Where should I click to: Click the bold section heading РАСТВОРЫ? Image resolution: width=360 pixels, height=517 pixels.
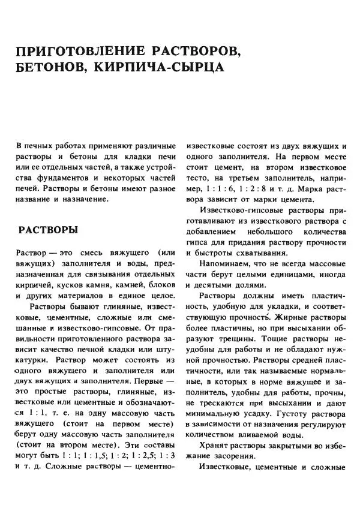pos(47,231)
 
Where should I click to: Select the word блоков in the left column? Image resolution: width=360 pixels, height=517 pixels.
pos(161,285)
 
